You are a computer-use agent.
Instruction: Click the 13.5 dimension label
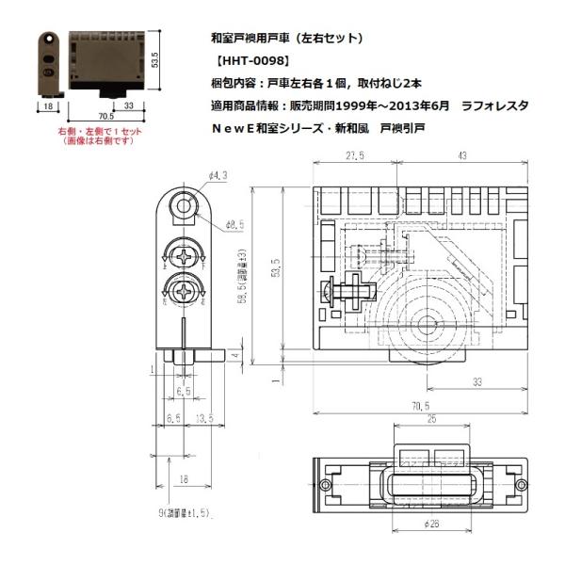click(x=202, y=417)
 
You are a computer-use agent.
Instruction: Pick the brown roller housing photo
click(x=105, y=56)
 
